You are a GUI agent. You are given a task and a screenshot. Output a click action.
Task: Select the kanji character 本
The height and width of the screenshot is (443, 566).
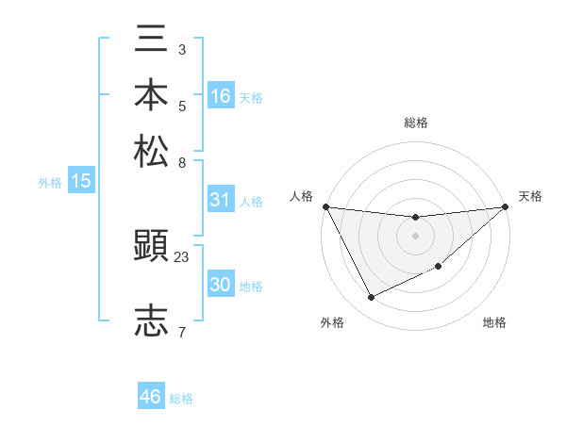(x=152, y=96)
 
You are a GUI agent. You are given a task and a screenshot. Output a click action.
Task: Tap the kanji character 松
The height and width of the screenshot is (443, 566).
(x=152, y=150)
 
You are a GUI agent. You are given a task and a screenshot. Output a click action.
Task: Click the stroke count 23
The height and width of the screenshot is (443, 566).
(x=183, y=255)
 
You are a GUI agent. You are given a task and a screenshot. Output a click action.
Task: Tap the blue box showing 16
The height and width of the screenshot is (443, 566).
(x=221, y=95)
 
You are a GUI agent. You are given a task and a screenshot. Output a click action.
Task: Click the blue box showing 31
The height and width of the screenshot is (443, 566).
(x=221, y=200)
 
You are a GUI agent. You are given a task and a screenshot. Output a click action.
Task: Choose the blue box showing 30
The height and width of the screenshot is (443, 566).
(x=221, y=285)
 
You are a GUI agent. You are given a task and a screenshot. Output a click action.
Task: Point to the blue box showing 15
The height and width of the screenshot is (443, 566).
(x=81, y=182)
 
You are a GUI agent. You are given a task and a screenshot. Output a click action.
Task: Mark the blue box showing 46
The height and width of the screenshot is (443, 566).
(x=151, y=397)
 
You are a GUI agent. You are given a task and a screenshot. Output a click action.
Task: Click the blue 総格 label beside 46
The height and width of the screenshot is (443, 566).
(x=181, y=399)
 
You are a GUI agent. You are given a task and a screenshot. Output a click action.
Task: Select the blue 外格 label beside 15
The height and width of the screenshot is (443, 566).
(x=50, y=183)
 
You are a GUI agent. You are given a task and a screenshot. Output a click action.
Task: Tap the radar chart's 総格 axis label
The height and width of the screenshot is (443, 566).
(x=416, y=123)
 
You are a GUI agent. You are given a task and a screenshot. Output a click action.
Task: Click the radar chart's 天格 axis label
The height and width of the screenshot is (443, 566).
(x=531, y=196)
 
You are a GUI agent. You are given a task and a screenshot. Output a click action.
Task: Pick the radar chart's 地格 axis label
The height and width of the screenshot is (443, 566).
(x=494, y=322)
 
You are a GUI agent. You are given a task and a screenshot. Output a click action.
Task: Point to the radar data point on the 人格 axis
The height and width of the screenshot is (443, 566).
(x=325, y=206)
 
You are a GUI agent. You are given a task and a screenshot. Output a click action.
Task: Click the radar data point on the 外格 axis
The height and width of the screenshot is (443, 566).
(x=371, y=298)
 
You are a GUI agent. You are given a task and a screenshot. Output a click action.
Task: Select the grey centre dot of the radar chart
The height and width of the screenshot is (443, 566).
(x=416, y=235)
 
